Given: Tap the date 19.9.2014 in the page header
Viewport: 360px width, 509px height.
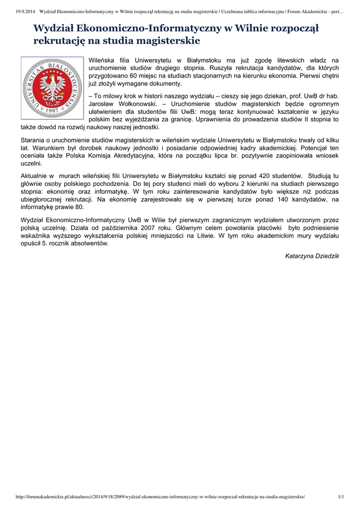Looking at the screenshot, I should click(19, 11).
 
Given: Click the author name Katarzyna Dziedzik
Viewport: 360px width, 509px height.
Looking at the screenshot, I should click(312, 256).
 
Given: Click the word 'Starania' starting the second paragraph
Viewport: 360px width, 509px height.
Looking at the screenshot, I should click(33, 140).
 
